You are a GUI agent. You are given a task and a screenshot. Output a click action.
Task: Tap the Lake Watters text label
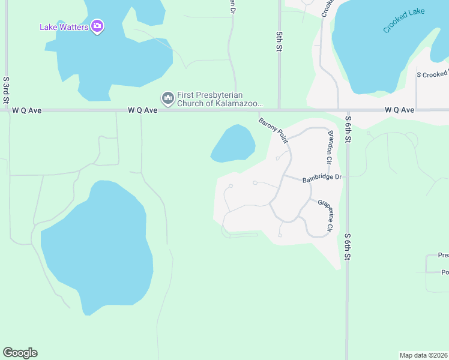pyautogui.click(x=64, y=26)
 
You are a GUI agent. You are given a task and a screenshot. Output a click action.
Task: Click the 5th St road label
pyautogui.click(x=279, y=42)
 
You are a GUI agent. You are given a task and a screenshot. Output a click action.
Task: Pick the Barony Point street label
pyautogui.click(x=274, y=130)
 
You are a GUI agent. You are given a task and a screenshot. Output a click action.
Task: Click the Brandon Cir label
pyautogui.click(x=330, y=150)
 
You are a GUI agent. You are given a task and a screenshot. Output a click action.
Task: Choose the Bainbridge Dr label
pyautogui.click(x=321, y=178)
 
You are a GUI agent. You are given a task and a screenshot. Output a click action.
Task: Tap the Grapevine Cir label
pyautogui.click(x=325, y=215)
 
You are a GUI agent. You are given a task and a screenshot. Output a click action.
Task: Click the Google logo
pyautogui.click(x=20, y=353)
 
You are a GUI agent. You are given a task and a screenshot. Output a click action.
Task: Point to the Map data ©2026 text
pyautogui.click(x=423, y=355)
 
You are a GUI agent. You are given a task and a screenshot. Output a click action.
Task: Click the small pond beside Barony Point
pyautogui.click(x=234, y=143)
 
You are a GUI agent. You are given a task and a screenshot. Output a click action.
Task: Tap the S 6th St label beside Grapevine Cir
pyautogui.click(x=347, y=246)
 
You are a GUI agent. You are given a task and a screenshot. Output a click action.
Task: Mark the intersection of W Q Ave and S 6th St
pyautogui.click(x=347, y=110)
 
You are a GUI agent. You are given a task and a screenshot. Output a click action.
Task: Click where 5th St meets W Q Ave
pyautogui.click(x=279, y=110)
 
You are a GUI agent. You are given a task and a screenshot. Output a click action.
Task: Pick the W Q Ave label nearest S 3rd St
pyautogui.click(x=25, y=110)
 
